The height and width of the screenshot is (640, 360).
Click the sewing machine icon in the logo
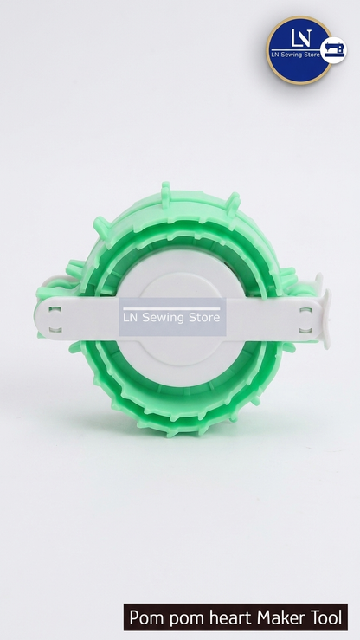coord(334,50)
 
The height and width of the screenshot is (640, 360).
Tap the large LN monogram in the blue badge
coord(302,38)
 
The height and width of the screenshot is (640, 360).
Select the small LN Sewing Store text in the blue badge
coord(296,54)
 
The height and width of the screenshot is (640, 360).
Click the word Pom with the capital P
coord(146,617)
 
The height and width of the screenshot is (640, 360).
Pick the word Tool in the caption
coord(326,617)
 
